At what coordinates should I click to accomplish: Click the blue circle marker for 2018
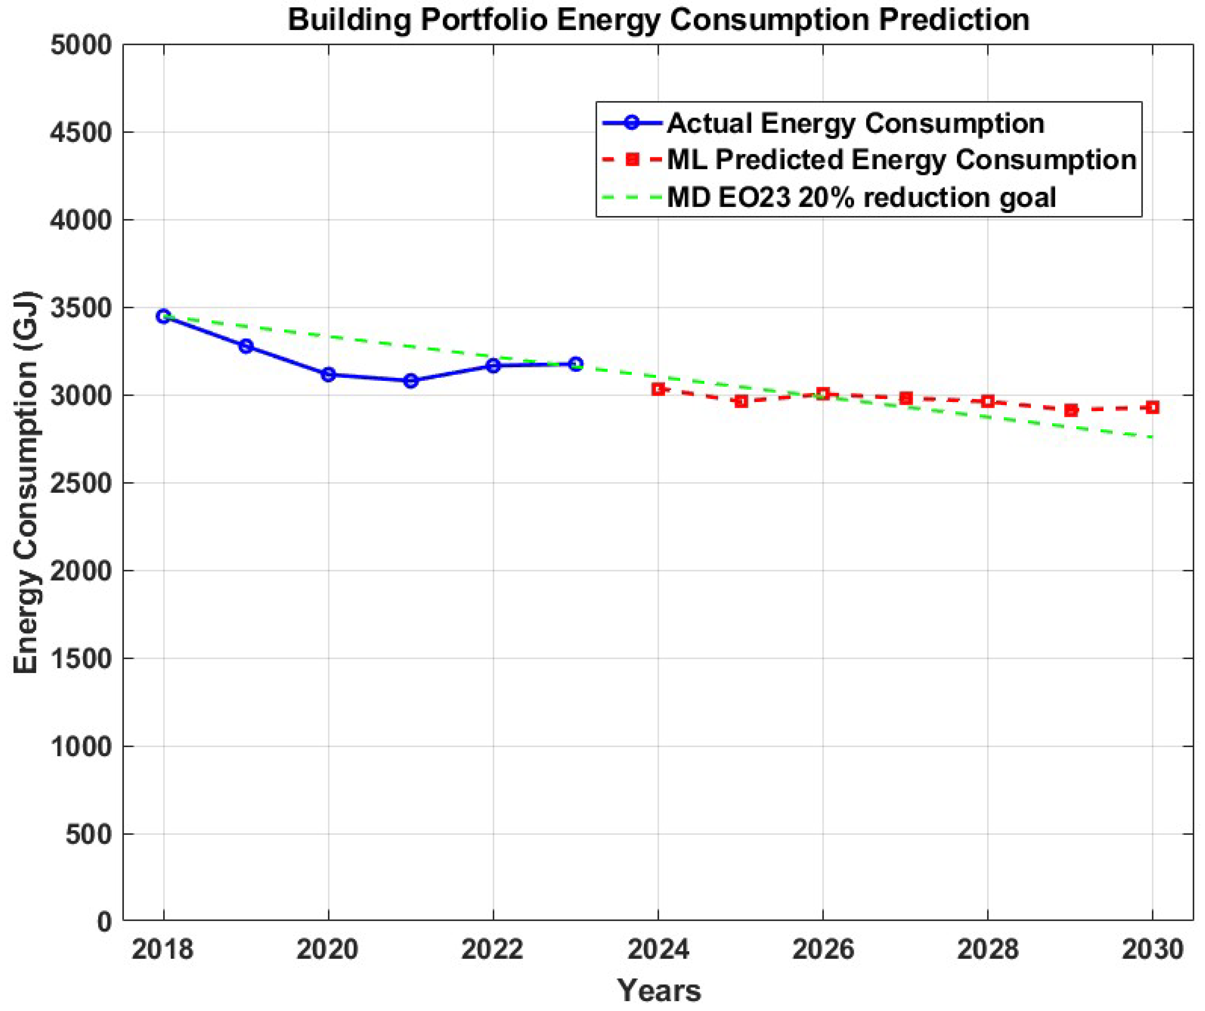164,316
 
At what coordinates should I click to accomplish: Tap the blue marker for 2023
576,364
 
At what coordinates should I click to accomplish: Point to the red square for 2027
905,398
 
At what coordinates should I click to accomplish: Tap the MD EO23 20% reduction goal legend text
861,197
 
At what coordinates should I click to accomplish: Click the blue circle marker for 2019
246,346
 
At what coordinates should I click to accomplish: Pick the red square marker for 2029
1070,410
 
